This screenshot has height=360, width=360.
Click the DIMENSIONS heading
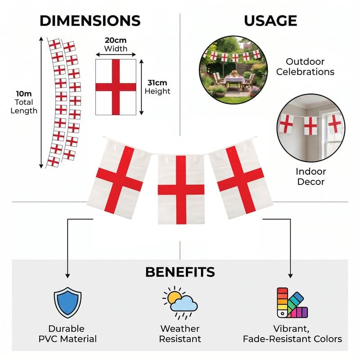tap(90, 21)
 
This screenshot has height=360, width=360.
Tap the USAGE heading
tap(270, 21)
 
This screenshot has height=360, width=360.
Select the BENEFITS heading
tap(180, 272)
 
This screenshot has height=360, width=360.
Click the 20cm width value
tap(116, 40)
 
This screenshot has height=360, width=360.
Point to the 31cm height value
tap(157, 83)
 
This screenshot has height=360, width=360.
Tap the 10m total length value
tap(24, 94)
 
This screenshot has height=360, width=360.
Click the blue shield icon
tap(67, 302)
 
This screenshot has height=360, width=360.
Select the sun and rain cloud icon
tap(180, 302)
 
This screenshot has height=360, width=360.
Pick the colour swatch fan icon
tap(292, 302)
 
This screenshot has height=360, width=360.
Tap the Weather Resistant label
tap(180, 334)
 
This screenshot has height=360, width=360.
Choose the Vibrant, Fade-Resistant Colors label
tap(292, 334)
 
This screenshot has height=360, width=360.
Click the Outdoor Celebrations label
tap(305, 67)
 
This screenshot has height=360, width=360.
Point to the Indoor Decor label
tap(310, 176)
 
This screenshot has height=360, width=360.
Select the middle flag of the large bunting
tap(181, 189)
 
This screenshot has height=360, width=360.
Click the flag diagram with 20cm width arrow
tap(116, 87)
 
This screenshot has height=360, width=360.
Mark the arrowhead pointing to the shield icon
tap(67, 275)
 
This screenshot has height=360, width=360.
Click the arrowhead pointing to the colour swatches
tap(290, 275)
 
